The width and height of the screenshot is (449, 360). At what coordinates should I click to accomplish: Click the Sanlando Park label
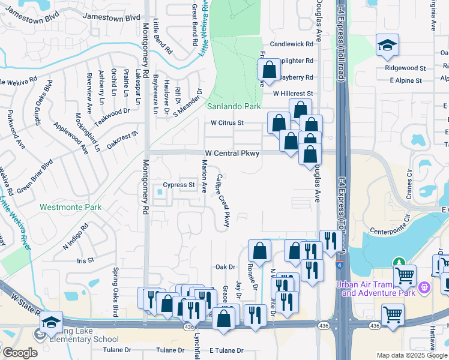tap(234, 106)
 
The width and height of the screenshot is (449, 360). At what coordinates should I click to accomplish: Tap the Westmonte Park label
tap(71, 207)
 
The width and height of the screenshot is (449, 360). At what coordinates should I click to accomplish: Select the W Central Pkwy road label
tap(232, 154)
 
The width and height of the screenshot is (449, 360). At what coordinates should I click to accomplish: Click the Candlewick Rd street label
tap(292, 44)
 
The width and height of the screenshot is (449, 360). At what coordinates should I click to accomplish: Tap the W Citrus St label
tap(227, 123)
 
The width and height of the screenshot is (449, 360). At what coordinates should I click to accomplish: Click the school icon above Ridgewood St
tap(387, 44)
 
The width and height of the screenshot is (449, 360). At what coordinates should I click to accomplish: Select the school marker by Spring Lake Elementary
tap(52, 323)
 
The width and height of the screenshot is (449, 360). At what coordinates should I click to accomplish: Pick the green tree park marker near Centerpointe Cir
tap(398, 262)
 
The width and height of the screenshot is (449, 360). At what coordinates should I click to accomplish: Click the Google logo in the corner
tap(19, 353)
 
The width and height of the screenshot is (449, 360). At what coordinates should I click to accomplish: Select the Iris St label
tap(86, 260)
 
